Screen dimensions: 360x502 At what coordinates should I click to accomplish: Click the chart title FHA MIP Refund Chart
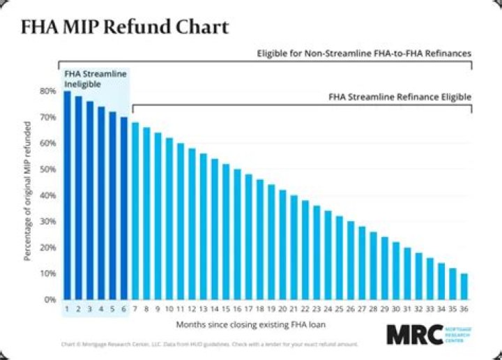[x=123, y=28]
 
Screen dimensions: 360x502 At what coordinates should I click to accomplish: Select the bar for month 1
[x=67, y=195]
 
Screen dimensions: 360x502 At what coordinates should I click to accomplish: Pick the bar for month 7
[x=135, y=211]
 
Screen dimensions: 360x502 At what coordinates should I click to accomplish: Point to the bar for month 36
[x=464, y=286]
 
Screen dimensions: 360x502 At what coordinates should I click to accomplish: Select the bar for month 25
[x=340, y=257]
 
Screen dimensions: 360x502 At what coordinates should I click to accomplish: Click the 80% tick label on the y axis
[x=48, y=91]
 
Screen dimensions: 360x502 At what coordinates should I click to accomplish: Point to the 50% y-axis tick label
[x=48, y=169]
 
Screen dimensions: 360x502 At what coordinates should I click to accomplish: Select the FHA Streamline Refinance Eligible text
[x=400, y=97]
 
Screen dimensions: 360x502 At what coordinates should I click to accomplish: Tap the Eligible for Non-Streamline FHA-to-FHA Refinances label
[x=364, y=53]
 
